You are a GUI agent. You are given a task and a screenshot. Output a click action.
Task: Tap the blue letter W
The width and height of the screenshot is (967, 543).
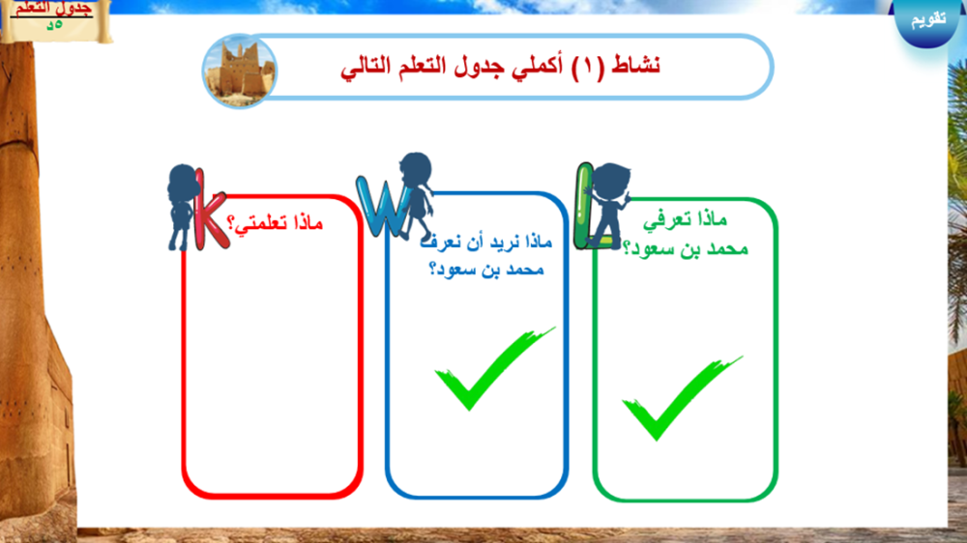pyautogui.click(x=381, y=207)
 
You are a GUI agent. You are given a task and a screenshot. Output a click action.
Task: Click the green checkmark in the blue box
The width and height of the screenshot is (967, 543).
pyautogui.click(x=494, y=368)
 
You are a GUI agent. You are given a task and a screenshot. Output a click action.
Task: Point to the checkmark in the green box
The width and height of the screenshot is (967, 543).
pyautogui.click(x=682, y=397)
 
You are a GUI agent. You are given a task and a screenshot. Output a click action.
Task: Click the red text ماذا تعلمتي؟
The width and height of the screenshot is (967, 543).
pyautogui.click(x=275, y=222)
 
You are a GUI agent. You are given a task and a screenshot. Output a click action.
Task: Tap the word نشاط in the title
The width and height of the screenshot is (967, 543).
pyautogui.click(x=636, y=65)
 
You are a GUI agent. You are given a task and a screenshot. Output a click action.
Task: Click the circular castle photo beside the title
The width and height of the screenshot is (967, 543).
pyautogui.click(x=239, y=71)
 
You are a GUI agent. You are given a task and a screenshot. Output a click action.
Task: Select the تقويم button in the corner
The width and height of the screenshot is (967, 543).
pyautogui.click(x=928, y=19)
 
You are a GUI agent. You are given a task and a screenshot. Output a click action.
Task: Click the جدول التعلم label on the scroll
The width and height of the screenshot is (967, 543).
pyautogui.click(x=53, y=9)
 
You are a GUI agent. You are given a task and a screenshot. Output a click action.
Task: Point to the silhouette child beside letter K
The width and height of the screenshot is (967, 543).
pyautogui.click(x=182, y=207)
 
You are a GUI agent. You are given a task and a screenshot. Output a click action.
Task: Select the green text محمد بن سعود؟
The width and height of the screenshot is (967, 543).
pyautogui.click(x=686, y=248)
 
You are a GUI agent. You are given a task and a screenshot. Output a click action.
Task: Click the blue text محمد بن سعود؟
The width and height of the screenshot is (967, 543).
pyautogui.click(x=486, y=270)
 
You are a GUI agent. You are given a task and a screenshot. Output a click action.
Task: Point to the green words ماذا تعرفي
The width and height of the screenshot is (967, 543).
pyautogui.click(x=686, y=220)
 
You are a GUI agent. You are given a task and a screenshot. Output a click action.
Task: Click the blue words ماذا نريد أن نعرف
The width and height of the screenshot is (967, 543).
pyautogui.click(x=486, y=242)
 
